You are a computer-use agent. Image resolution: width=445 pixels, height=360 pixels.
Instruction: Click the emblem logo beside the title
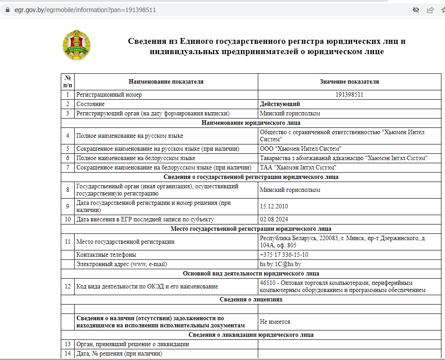tap(76, 45)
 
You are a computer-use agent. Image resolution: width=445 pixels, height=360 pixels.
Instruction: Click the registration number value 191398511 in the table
tap(349, 95)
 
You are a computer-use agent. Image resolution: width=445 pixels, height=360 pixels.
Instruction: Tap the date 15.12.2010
tap(274, 206)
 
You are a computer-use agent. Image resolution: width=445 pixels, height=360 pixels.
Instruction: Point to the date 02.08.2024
tap(274, 219)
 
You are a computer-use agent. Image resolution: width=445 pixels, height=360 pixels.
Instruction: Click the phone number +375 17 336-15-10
tap(284, 254)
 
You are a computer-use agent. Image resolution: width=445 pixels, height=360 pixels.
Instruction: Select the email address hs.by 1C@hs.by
tap(283, 264)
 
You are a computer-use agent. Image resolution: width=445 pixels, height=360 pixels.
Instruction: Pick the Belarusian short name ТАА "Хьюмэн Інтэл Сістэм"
tap(298, 167)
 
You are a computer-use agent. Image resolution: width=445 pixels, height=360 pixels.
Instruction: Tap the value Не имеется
tap(275, 322)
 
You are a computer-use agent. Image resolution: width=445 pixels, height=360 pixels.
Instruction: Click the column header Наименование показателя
tap(166, 81)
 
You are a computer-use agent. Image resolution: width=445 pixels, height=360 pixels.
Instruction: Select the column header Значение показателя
tap(349, 81)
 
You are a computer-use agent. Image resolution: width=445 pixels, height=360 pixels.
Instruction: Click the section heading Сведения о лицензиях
tap(251, 299)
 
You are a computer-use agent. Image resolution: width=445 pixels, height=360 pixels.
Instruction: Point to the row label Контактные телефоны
tap(106, 254)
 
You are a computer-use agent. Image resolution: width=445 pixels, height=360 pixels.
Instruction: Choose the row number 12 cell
tap(68, 286)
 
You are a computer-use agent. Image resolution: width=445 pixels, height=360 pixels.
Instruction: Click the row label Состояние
tap(91, 104)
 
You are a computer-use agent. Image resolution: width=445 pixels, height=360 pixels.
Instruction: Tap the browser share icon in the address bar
tap(430, 9)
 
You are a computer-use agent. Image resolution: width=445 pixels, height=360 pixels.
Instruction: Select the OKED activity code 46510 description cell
tap(342, 286)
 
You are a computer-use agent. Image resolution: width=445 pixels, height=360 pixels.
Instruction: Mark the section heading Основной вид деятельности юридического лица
tap(251, 273)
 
